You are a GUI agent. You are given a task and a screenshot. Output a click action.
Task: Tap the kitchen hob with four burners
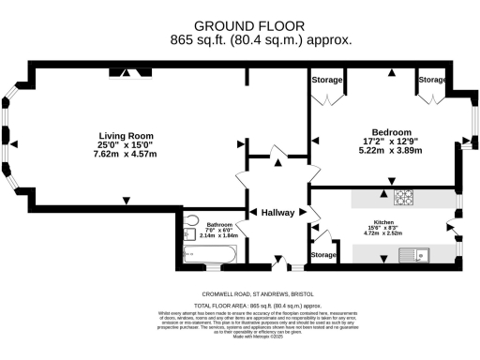point(404,198)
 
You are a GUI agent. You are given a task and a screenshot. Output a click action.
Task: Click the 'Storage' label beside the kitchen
point(323,255)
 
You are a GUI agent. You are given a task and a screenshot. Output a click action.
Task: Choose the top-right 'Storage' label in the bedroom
point(431,81)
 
